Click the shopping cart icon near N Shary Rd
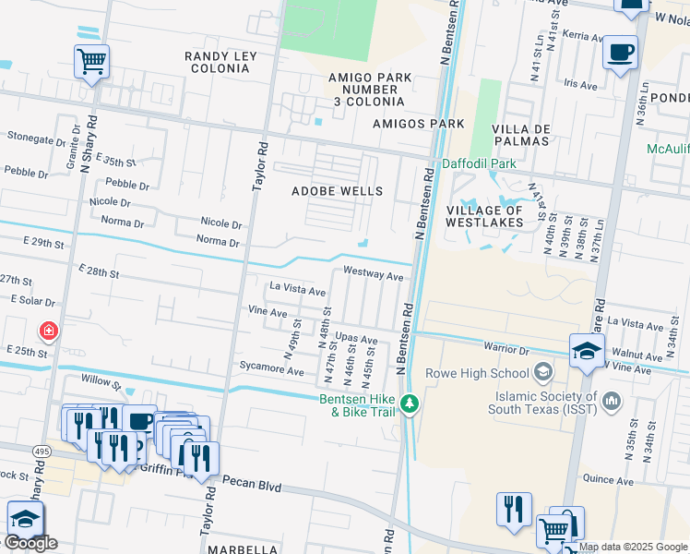pos(91,62)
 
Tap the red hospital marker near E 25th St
pos(46,331)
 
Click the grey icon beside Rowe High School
pos(543,373)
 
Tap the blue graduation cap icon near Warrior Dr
pos(587,351)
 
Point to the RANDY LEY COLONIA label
pos(220,63)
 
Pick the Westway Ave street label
pos(373,275)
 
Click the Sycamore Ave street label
pos(273,371)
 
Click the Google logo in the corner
pos(30,542)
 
